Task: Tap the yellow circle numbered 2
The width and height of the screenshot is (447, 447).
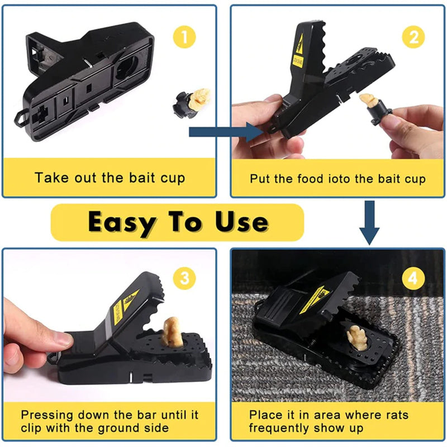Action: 414,37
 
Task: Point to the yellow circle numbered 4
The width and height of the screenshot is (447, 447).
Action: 413,278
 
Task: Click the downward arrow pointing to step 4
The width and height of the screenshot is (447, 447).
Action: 368,223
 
